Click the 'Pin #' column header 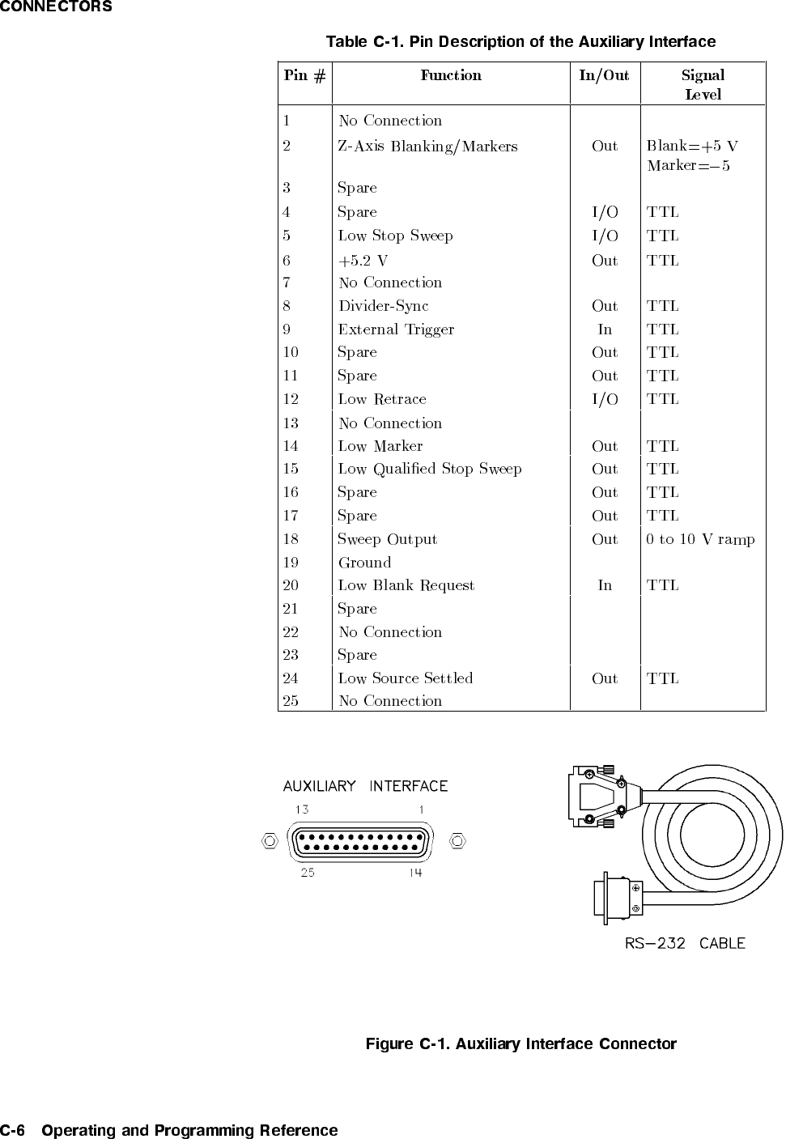(304, 76)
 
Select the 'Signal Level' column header (703, 84)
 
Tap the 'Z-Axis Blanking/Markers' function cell (427, 147)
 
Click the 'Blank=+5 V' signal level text (692, 147)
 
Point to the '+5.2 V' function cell (363, 261)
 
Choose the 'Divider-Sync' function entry (383, 306)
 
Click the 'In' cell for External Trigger (605, 329)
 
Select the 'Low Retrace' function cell (382, 399)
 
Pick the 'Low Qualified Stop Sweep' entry (430, 469)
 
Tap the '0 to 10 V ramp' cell (700, 539)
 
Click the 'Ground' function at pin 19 (364, 563)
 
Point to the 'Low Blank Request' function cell (406, 585)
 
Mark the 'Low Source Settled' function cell (406, 678)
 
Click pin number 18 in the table (291, 539)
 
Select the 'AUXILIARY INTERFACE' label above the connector (365, 786)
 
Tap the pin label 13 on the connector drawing (301, 809)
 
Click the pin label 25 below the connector (307, 873)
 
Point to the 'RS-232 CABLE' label (685, 943)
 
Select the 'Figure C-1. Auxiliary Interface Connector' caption (520, 1043)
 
